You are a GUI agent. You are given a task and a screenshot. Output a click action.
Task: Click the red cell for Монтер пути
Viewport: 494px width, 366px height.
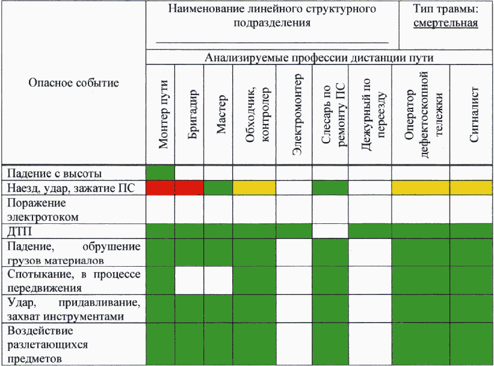(x=160, y=187)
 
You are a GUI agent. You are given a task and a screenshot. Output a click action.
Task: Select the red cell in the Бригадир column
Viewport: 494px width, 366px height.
(x=190, y=187)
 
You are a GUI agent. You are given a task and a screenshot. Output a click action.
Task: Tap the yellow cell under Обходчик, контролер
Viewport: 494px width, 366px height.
(x=255, y=187)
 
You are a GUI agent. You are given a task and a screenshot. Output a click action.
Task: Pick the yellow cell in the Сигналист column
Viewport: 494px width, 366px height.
(x=472, y=187)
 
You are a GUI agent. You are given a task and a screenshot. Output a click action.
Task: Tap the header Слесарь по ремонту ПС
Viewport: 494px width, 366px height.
(x=331, y=114)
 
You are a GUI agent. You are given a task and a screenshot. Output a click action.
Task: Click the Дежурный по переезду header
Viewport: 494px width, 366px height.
(x=371, y=114)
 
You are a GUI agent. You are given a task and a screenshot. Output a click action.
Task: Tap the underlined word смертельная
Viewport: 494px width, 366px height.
(x=446, y=23)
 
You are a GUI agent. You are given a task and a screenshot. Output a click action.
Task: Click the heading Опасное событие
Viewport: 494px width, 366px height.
(x=73, y=82)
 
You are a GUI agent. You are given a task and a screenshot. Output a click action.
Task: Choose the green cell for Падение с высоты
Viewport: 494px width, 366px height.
(x=160, y=172)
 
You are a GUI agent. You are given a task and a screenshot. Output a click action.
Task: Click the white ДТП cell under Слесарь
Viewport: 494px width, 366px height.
(x=330, y=231)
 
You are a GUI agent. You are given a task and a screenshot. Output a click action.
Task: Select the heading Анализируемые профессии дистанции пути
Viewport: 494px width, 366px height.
(x=319, y=58)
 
